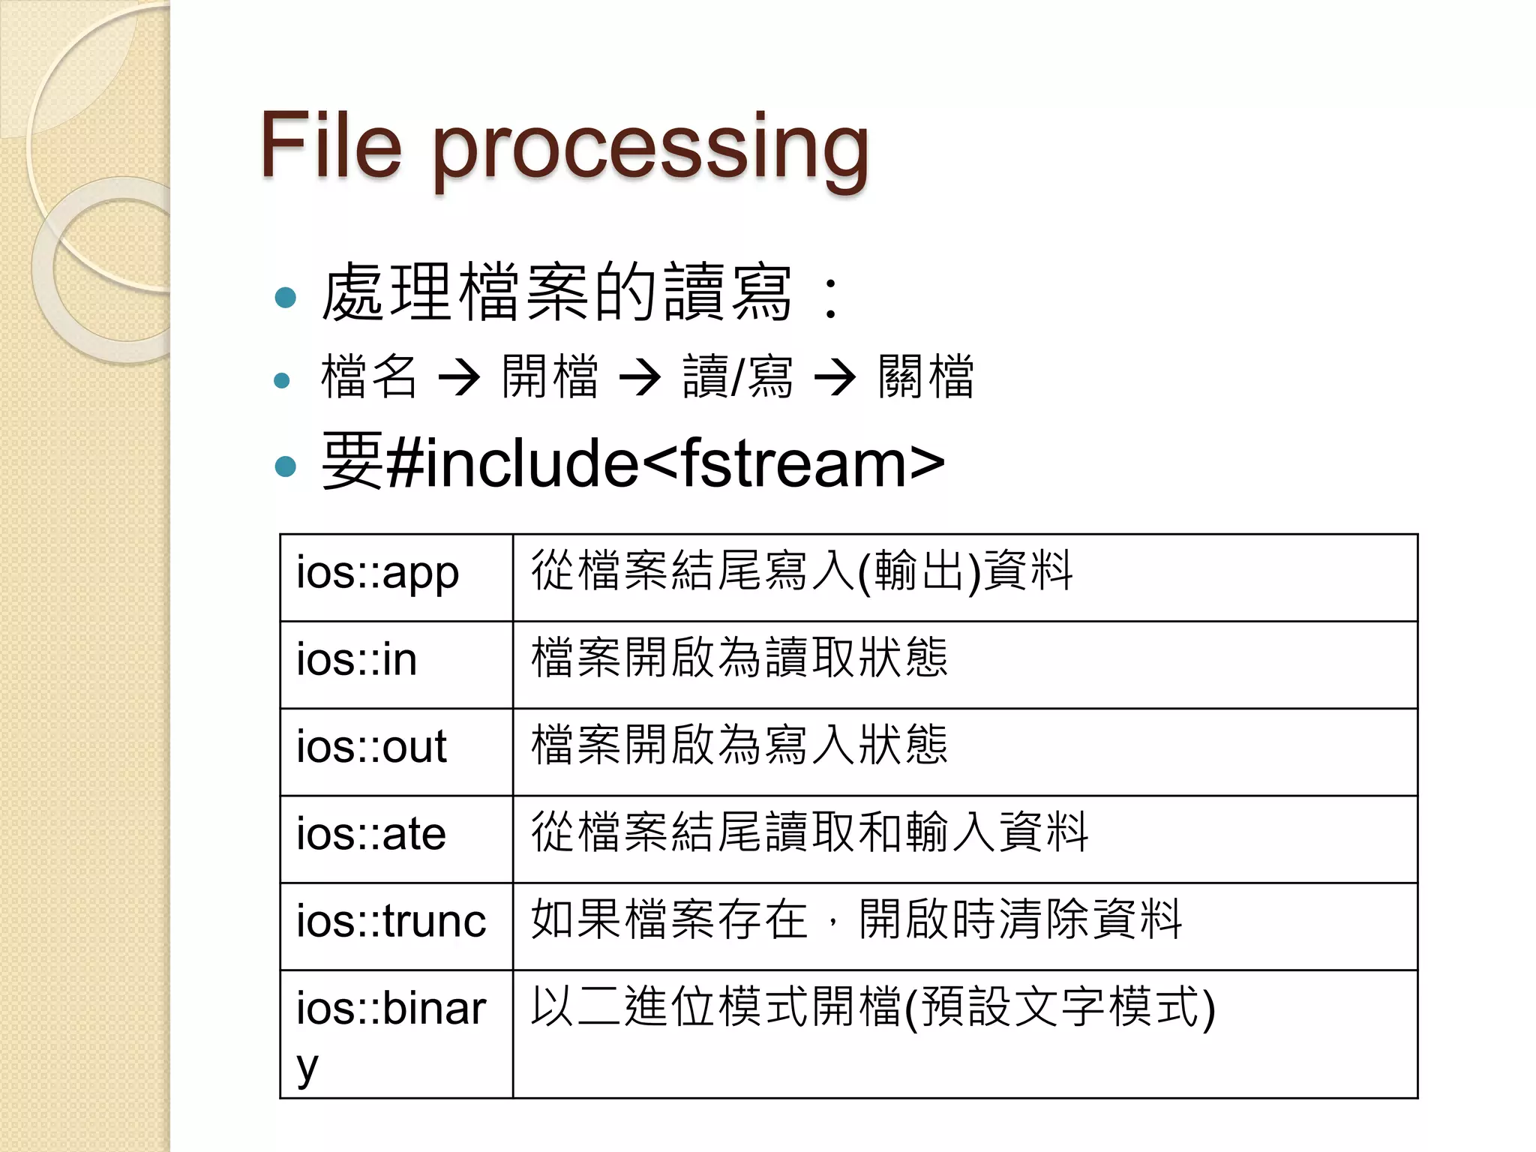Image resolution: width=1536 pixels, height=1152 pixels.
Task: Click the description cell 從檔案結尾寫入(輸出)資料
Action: coord(802,572)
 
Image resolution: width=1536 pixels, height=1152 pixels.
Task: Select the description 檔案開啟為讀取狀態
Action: coord(739,658)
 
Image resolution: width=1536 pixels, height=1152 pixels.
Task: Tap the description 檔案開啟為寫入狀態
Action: coord(739,745)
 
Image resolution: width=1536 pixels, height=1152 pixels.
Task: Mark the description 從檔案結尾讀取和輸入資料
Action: coord(809,832)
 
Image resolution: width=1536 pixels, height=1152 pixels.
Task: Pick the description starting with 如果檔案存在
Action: coord(856,919)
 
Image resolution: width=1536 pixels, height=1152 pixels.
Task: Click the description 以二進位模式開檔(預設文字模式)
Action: coord(872,1007)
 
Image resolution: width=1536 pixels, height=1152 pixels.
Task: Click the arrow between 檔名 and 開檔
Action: coord(459,377)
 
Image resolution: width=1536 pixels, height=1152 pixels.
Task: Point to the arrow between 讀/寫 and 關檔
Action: coord(835,377)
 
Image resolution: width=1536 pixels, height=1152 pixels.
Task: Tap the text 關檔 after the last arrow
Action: coord(926,376)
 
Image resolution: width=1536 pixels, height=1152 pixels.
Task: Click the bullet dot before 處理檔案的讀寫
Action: coord(286,298)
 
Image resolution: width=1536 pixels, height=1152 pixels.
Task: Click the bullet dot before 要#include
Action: coord(286,466)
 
